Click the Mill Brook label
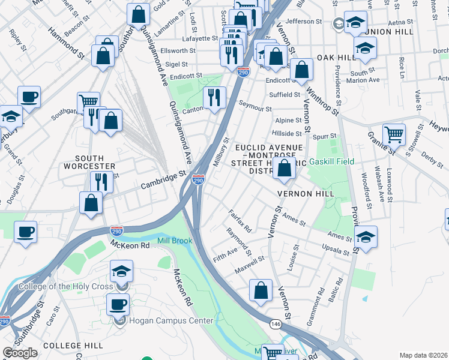(x=175, y=241)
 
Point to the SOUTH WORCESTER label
(x=86, y=162)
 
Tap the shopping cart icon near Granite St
(x=394, y=135)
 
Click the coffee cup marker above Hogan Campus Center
(x=118, y=304)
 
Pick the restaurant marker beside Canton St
(x=214, y=97)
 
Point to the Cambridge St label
(x=163, y=179)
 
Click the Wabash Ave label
(x=378, y=183)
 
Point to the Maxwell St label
(x=250, y=264)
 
